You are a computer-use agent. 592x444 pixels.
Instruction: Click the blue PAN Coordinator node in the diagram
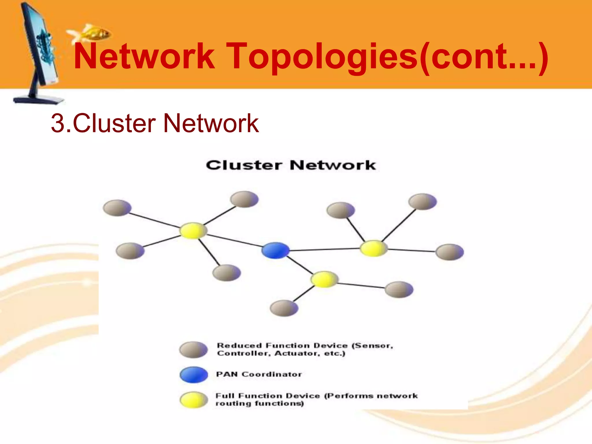point(275,250)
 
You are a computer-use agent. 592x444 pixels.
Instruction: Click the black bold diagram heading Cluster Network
point(291,165)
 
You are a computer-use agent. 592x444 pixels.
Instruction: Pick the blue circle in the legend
point(194,375)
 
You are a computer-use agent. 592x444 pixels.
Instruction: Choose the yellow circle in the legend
point(194,400)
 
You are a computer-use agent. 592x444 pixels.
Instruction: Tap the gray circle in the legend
point(193,349)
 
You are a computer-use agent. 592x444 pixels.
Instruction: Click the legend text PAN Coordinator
point(259,374)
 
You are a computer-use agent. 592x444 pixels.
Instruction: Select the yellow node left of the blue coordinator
point(193,231)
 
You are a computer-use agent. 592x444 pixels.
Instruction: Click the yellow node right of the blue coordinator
point(373,248)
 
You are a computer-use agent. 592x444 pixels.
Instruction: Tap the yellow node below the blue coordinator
point(324,279)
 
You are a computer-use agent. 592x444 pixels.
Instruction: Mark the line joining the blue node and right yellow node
point(324,249)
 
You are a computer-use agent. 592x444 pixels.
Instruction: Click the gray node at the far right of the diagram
point(449,252)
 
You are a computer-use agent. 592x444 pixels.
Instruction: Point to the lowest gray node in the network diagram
point(284,308)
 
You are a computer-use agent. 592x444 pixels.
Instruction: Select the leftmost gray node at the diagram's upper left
point(117,208)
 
